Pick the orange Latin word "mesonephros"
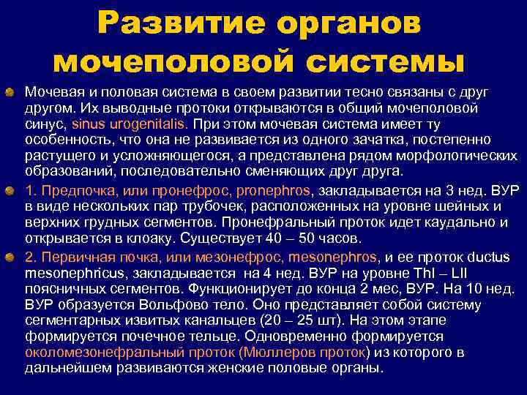coord(333,257)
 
